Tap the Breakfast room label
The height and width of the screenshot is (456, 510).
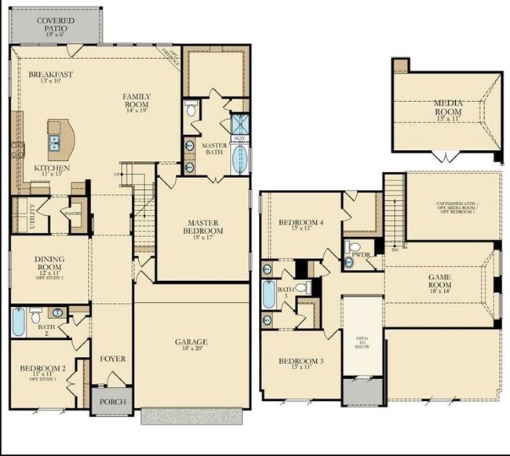[x=51, y=76]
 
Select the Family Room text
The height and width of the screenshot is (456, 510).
[x=137, y=101]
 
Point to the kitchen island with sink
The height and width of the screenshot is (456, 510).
[x=60, y=140]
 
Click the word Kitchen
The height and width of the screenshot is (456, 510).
[x=52, y=168]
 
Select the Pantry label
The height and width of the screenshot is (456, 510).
[x=73, y=213]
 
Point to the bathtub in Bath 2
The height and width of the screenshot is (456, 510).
[x=20, y=322]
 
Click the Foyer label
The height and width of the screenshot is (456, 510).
[x=112, y=359]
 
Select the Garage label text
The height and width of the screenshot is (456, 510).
[x=191, y=342]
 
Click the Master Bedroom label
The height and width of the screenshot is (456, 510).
[x=204, y=227]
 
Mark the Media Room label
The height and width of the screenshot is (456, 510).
[x=448, y=107]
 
